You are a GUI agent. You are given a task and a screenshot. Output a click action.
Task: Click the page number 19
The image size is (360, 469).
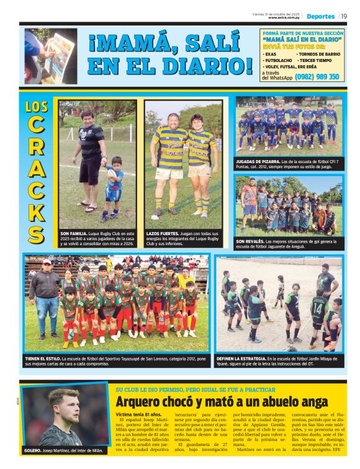[x=343, y=16]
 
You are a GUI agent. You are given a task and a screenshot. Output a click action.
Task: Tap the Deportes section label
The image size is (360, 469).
[x=320, y=16]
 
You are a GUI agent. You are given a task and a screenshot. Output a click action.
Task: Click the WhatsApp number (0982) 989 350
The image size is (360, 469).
[x=317, y=77]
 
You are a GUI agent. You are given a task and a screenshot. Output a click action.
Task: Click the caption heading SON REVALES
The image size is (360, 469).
[x=250, y=241]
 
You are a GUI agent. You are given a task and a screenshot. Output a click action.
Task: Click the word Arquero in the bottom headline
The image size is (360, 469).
[x=139, y=401]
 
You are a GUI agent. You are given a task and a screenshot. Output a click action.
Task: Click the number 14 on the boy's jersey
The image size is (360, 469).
[x=317, y=307]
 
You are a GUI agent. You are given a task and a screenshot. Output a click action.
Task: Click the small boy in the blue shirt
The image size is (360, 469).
[x=114, y=187]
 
